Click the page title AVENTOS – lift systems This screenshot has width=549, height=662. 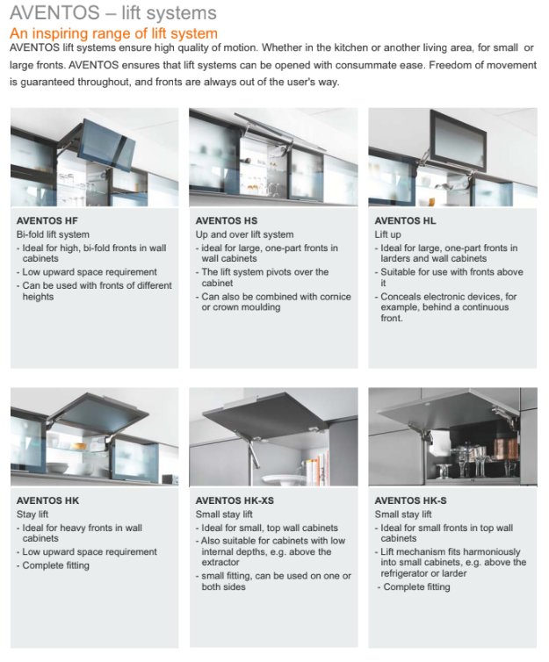(112, 15)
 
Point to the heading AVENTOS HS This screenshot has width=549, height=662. (227, 221)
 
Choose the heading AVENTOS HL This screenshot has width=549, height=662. (405, 221)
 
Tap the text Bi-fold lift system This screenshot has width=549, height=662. (53, 234)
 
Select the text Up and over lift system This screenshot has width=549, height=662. (244, 234)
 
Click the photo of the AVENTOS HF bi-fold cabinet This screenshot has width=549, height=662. (96, 158)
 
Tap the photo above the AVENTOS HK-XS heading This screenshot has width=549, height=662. (273, 437)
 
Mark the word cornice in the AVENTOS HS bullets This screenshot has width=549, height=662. (324, 297)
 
